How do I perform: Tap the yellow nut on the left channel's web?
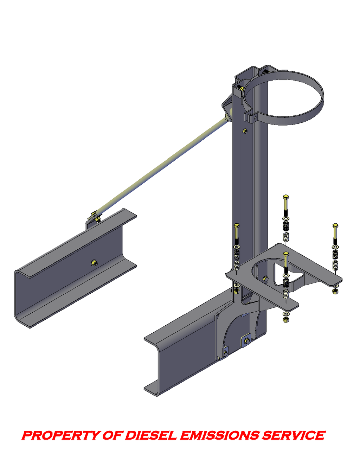tap(94, 262)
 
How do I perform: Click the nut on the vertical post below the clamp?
tap(245, 130)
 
